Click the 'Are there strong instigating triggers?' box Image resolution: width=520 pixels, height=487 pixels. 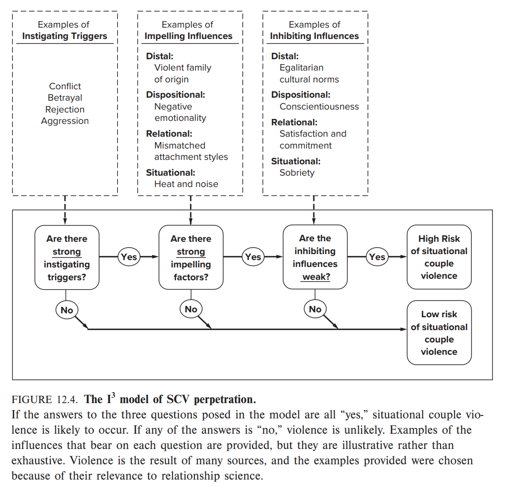point(67,258)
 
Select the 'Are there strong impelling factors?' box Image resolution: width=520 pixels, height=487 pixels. point(191,258)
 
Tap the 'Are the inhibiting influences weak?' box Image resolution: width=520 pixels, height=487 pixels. point(315,258)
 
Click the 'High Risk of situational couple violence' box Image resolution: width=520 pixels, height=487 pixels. point(439,257)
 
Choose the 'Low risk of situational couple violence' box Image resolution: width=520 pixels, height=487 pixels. point(439,333)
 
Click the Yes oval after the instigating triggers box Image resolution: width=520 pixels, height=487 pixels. point(129,257)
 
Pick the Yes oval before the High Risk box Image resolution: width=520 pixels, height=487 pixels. point(377,257)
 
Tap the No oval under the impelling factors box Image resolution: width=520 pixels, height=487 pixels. point(191,309)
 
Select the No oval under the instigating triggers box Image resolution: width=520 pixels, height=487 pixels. point(67,310)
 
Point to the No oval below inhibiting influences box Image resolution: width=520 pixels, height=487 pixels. point(315,309)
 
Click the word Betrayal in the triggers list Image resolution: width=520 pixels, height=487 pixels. point(65,98)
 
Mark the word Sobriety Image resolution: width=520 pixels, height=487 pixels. point(297,173)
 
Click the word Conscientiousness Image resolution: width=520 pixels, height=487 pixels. point(319,107)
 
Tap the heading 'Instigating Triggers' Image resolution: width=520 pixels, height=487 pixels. point(65,36)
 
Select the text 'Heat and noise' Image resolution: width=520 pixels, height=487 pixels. point(186,184)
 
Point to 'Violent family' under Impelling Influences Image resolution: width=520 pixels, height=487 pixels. point(183,68)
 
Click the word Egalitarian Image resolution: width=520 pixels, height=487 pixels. point(301,68)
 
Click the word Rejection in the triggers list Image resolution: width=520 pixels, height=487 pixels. point(65,110)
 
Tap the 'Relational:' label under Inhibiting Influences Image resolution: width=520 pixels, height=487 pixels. point(294,122)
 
